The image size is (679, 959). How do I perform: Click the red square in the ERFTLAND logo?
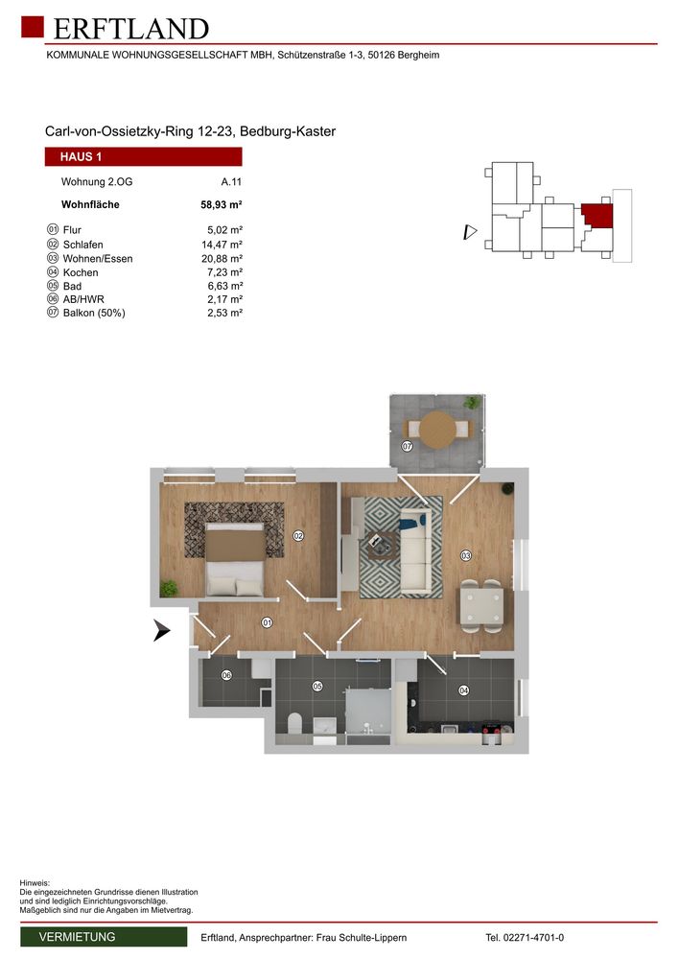(x=33, y=27)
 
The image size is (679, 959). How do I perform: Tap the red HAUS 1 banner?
(x=143, y=156)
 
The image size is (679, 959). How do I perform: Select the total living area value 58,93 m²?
(x=222, y=205)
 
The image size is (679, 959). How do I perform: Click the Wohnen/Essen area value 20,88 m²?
(x=222, y=259)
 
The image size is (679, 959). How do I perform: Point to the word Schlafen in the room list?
(x=82, y=245)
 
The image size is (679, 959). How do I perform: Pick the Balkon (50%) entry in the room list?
(x=94, y=314)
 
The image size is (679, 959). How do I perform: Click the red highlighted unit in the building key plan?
(x=597, y=216)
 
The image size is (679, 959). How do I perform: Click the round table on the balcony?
(x=439, y=429)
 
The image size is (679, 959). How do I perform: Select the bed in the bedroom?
(x=236, y=559)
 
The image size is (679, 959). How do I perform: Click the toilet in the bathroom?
(x=293, y=723)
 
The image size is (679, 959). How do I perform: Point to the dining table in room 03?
(x=482, y=605)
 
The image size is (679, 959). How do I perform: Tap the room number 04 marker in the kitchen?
(x=463, y=690)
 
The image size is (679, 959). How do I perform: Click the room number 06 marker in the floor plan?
(x=227, y=675)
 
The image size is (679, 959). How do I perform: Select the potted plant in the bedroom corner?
(x=169, y=589)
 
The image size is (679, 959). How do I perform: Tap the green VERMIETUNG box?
(x=104, y=937)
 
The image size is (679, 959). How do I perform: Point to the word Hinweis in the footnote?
(x=35, y=883)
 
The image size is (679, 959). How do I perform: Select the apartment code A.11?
(x=231, y=181)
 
